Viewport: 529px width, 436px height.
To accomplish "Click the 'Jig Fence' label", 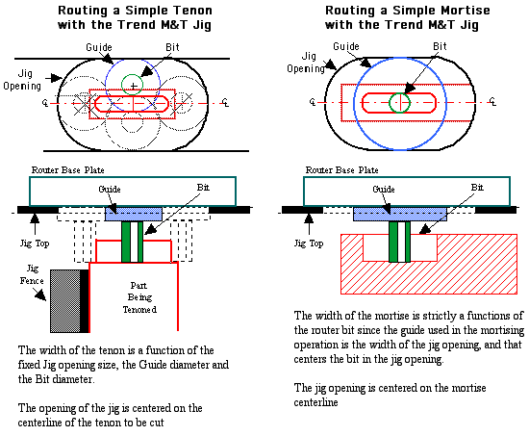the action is point(32,274).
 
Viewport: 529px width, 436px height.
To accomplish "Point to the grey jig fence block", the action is point(65,301).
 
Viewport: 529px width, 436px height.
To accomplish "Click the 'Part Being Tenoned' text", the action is point(139,297).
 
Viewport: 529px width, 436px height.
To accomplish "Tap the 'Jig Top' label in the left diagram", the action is point(35,244).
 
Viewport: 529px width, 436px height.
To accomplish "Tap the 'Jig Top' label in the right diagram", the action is point(309,244).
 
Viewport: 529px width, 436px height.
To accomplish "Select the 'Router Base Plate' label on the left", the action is point(68,169).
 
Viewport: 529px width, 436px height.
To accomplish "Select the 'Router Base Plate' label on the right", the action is point(341,169).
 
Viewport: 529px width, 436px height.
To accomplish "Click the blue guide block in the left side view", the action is point(134,214).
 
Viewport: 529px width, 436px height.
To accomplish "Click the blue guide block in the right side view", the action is point(400,214).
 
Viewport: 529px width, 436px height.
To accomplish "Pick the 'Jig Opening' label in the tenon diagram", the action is point(22,80).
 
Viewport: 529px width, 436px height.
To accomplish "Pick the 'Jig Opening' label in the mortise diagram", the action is point(306,63).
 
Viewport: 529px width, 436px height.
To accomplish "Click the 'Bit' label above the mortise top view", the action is point(440,46).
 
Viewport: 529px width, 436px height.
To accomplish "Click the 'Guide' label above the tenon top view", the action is point(99,47).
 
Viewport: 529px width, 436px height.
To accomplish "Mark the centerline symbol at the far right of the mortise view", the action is point(492,101).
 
